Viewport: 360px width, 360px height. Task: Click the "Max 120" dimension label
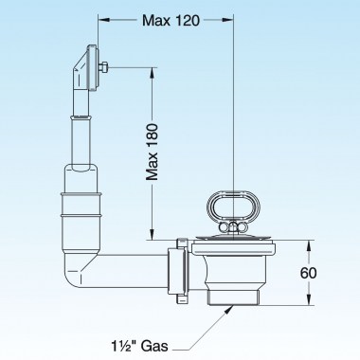(x=171, y=21)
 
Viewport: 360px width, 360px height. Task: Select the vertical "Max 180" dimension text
(x=153, y=152)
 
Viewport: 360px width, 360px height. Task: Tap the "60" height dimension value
(x=308, y=273)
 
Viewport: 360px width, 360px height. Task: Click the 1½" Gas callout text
(x=139, y=346)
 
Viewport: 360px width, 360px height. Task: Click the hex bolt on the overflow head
(x=103, y=67)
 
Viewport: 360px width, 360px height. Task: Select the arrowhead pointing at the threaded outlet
(x=230, y=309)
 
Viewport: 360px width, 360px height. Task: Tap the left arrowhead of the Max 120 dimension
(x=104, y=20)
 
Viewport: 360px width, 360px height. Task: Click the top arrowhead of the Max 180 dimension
(x=153, y=73)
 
